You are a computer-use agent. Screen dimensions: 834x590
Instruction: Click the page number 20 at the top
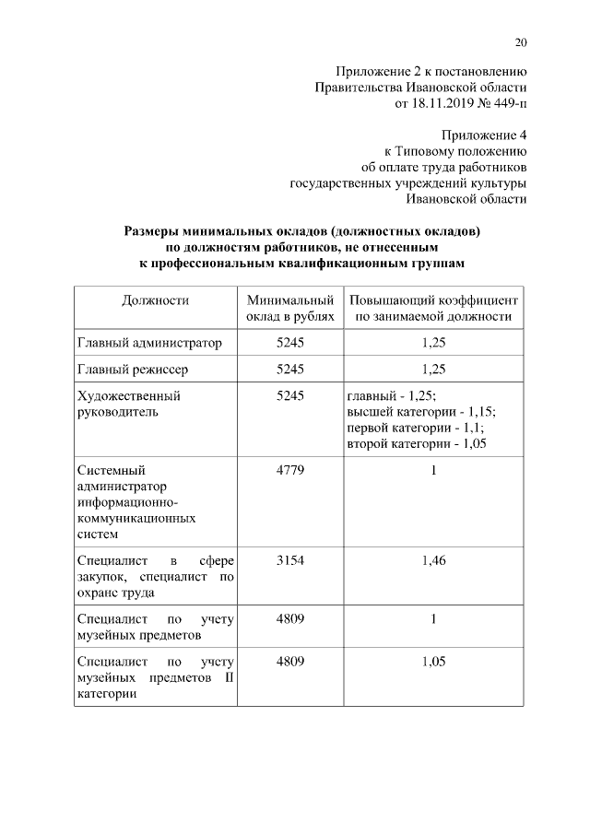521,42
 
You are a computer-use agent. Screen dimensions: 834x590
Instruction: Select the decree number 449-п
507,104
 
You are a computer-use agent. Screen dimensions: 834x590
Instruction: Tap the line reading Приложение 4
484,135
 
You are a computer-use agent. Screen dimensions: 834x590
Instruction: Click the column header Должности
155,300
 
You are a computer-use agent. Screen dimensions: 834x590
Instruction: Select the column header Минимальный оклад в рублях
289,309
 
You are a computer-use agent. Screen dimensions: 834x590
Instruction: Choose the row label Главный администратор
149,343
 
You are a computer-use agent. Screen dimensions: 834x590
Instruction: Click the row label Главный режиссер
133,370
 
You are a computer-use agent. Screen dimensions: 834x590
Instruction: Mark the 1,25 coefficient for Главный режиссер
432,370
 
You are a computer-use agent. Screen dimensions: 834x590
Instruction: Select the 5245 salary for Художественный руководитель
289,395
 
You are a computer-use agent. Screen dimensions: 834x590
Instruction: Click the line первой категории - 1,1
415,429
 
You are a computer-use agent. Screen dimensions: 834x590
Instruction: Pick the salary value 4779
289,470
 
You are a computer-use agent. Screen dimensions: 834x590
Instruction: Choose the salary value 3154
289,560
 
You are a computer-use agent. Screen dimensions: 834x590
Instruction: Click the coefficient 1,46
432,560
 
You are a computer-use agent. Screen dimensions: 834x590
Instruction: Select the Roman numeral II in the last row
229,678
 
